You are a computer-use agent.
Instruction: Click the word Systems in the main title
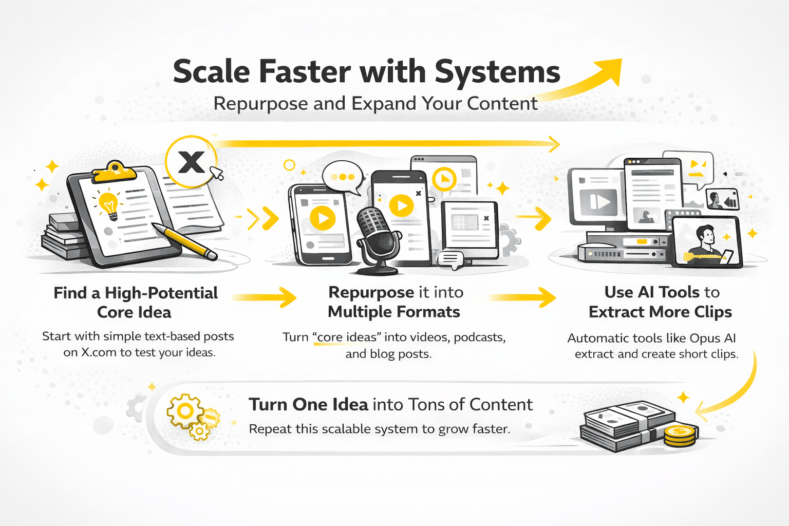pyautogui.click(x=497, y=72)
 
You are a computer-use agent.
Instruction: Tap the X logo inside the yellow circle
pyautogui.click(x=191, y=162)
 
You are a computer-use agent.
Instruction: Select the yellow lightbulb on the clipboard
pyautogui.click(x=109, y=204)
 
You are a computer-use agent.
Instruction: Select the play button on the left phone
pyautogui.click(x=323, y=218)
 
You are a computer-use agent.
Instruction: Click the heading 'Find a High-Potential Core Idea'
pyautogui.click(x=136, y=302)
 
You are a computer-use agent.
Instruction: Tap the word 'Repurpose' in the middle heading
pyautogui.click(x=371, y=292)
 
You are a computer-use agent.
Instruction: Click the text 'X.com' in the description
pyautogui.click(x=99, y=352)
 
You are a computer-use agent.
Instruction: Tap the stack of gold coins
pyautogui.click(x=680, y=436)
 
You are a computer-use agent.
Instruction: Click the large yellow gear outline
pyautogui.click(x=185, y=411)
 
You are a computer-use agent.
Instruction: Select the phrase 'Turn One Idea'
pyautogui.click(x=308, y=405)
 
